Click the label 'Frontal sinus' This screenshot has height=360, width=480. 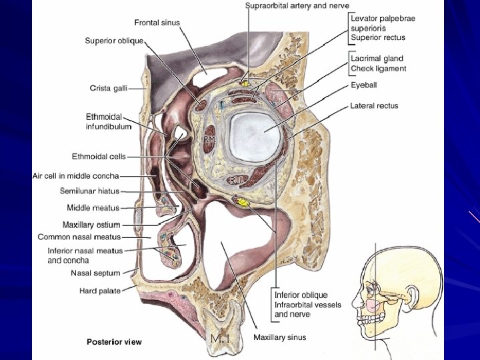click(x=157, y=23)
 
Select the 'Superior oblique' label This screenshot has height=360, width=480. click(x=114, y=41)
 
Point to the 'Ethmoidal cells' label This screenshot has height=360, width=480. click(x=99, y=157)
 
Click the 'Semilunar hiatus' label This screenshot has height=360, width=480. click(x=90, y=191)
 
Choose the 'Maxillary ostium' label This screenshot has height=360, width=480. click(x=91, y=225)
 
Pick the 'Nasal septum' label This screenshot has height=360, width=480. click(x=95, y=273)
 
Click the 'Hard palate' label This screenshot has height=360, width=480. click(x=99, y=291)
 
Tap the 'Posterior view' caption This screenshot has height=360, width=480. click(x=114, y=342)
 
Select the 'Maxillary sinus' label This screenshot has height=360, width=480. click(x=279, y=337)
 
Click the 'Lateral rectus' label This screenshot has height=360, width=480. click(x=374, y=105)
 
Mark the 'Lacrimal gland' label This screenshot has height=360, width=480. click(x=377, y=59)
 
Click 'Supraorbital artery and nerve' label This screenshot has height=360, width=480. click(x=297, y=5)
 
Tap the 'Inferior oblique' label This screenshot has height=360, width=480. click(x=301, y=295)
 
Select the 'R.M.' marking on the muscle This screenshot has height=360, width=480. click(x=210, y=139)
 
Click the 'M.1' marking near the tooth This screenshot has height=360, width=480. click(x=219, y=339)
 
